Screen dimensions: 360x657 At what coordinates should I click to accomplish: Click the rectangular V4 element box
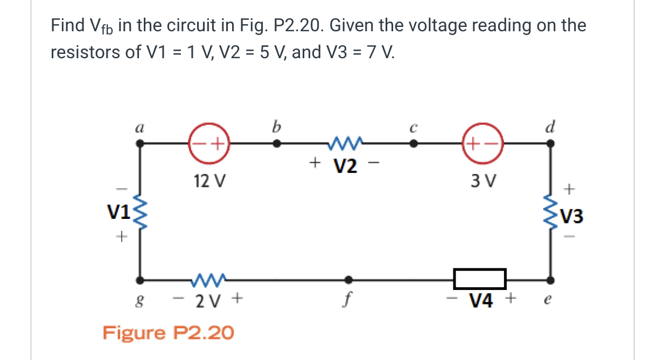click(x=479, y=279)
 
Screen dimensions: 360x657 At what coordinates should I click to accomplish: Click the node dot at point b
click(x=276, y=144)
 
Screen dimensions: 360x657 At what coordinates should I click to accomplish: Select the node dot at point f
click(x=348, y=279)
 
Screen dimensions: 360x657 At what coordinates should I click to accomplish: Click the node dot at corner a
click(x=141, y=144)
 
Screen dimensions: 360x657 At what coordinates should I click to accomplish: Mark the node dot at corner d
click(x=550, y=144)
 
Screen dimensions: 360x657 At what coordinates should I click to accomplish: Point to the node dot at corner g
click(x=141, y=279)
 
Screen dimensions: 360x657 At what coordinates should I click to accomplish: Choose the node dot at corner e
click(x=550, y=279)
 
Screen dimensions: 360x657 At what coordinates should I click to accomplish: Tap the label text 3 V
click(x=483, y=181)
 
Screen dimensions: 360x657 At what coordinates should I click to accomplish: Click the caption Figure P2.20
click(x=168, y=333)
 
